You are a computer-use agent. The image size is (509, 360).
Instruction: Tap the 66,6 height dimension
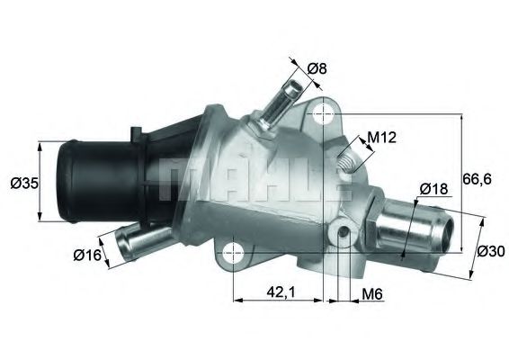point(477,179)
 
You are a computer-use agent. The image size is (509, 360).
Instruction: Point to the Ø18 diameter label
point(434,189)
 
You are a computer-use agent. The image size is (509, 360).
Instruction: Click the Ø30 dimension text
point(491,251)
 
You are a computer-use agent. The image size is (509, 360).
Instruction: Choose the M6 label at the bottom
point(371,293)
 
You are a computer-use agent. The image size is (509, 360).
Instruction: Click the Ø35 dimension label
point(23,184)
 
